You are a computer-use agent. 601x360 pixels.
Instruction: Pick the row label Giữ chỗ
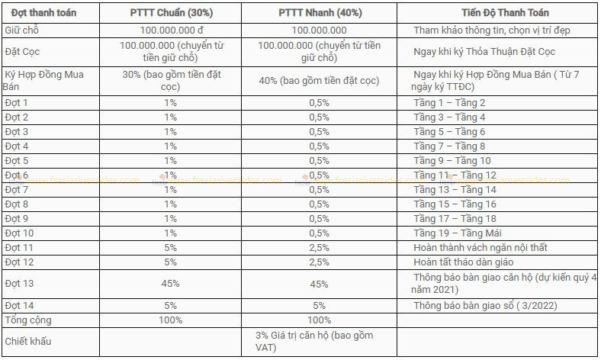point(22,31)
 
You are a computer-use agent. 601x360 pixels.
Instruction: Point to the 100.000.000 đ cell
point(169,31)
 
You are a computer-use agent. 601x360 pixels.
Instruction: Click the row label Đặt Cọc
point(23,52)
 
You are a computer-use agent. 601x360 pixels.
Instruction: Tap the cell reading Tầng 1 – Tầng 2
point(449,102)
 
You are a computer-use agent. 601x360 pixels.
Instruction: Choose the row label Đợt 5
point(17,161)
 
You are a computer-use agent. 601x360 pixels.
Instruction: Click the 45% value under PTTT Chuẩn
point(169,284)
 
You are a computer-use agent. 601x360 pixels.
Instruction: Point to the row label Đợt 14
point(20,306)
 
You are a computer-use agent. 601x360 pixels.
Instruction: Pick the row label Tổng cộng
point(28,320)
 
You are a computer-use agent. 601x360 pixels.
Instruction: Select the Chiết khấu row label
point(28,342)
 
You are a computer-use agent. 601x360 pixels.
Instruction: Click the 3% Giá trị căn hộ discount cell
point(314,342)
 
